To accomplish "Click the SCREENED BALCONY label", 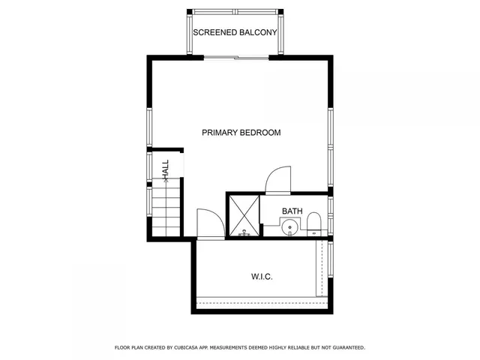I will [x=235, y=33].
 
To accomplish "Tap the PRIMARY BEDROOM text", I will [x=241, y=133].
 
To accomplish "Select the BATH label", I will [x=292, y=211].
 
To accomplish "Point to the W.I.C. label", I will [x=262, y=277].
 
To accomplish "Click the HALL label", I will [x=166, y=169].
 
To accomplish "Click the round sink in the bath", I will [x=289, y=228].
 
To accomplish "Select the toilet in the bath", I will [x=314, y=223].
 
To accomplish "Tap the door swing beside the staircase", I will [x=209, y=223].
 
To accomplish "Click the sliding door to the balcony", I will [x=236, y=57].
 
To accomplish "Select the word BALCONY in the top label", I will [x=259, y=33].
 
